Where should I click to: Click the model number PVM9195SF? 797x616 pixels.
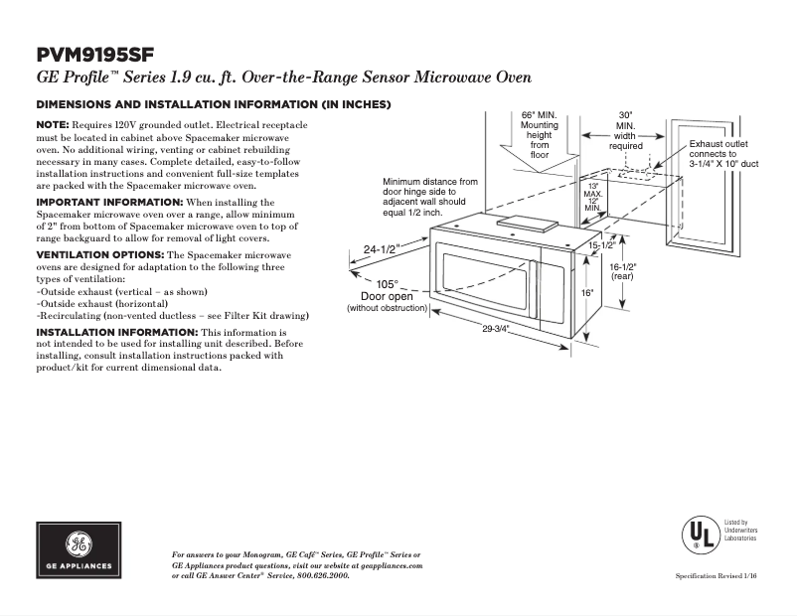tap(95, 54)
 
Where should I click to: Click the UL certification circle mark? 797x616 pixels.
tap(700, 535)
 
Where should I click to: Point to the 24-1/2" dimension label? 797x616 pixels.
tap(381, 249)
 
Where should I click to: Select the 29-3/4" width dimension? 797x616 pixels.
tap(496, 329)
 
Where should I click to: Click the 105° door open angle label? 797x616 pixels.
tap(387, 284)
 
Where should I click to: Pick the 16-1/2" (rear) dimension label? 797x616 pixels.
tap(623, 272)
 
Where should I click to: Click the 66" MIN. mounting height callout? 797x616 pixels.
tap(540, 134)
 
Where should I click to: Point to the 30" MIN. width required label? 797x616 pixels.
tap(625, 130)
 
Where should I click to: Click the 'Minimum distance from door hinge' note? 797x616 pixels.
tap(429, 197)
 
